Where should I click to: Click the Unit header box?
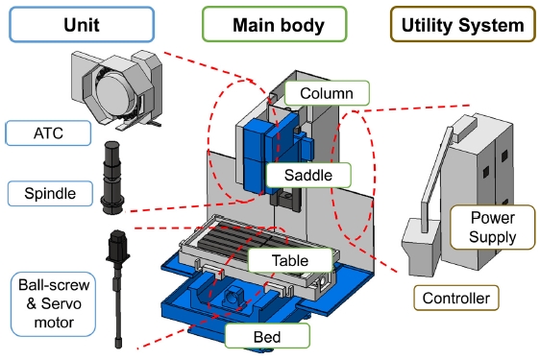(82, 24)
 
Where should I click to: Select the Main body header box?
(274, 24)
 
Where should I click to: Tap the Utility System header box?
(462, 24)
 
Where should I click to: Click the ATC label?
(48, 132)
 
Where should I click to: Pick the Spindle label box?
(50, 193)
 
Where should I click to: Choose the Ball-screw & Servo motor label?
(54, 304)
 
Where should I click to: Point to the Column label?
(327, 93)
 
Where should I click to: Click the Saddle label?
(308, 175)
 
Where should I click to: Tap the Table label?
(290, 260)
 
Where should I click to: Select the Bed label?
(267, 336)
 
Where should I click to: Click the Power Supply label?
(493, 228)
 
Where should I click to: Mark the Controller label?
(456, 298)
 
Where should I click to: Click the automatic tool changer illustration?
(117, 90)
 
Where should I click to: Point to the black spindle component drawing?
(112, 178)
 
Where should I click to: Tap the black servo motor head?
(118, 246)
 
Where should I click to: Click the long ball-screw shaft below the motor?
(118, 306)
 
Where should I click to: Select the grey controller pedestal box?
(422, 247)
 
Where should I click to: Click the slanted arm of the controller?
(436, 179)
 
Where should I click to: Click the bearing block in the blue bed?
(233, 296)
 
